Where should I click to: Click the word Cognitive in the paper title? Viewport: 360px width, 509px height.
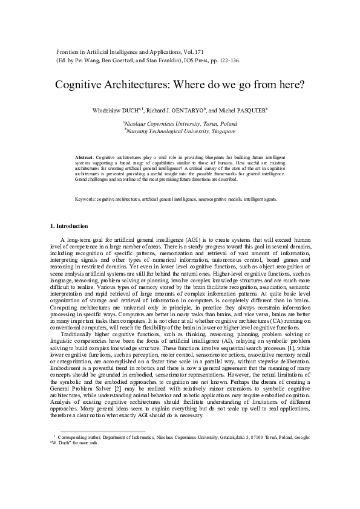(79, 85)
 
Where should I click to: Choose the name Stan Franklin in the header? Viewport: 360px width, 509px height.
(146, 62)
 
